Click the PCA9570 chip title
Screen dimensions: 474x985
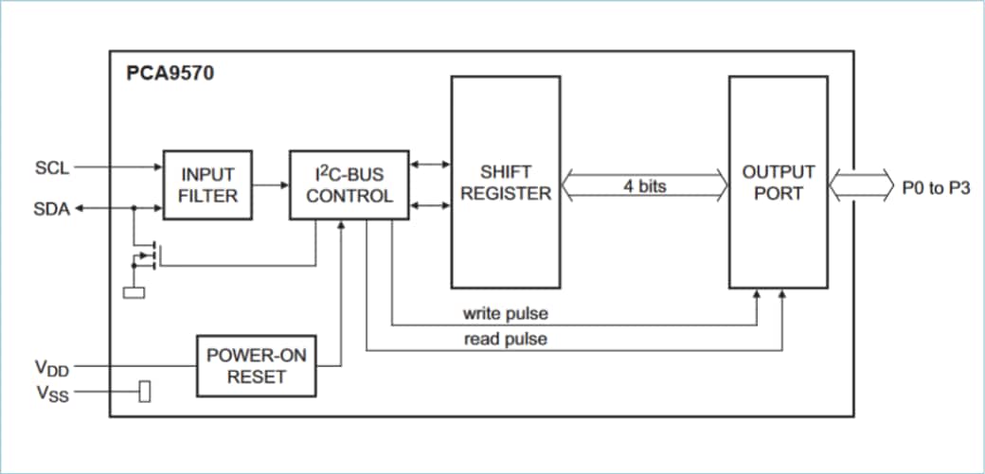[x=170, y=74]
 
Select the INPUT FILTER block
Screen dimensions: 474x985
[x=207, y=184]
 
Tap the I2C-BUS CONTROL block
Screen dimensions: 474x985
[x=349, y=184]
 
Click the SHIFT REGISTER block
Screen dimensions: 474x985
[x=504, y=183]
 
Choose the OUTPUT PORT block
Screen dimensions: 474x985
[x=778, y=183]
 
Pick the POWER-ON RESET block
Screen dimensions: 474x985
[x=257, y=366]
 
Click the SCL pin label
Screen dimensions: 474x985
[x=52, y=168]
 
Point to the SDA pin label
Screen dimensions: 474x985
[x=52, y=209]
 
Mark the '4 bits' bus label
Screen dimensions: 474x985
[x=644, y=186]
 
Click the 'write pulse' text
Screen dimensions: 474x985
[x=505, y=313]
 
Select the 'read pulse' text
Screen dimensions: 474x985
[x=505, y=339]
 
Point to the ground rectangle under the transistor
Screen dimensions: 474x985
[x=134, y=291]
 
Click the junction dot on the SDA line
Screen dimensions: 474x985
[x=134, y=209]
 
